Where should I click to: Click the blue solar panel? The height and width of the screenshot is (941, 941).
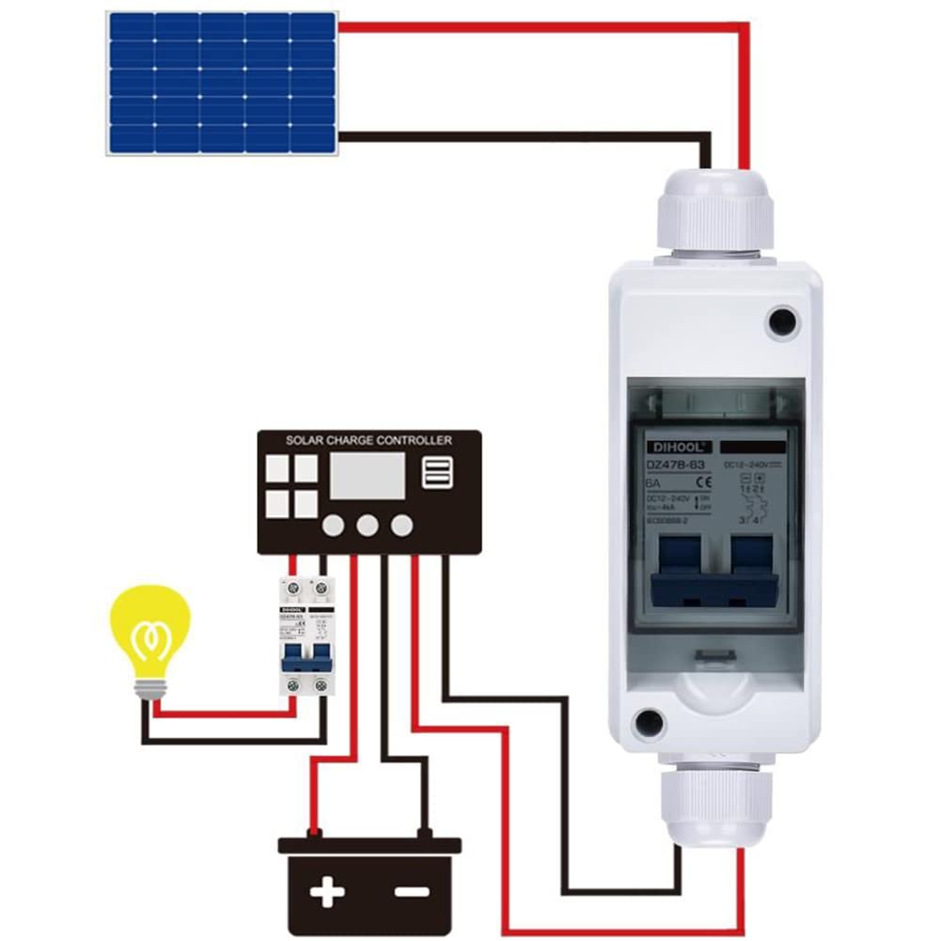pyautogui.click(x=222, y=83)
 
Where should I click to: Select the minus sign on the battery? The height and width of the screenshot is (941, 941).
pyautogui.click(x=411, y=891)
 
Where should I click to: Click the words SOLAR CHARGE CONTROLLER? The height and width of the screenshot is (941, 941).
pyautogui.click(x=369, y=440)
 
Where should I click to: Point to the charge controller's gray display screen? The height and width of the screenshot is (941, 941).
pyautogui.click(x=368, y=476)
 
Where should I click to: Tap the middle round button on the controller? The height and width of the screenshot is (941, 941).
pyautogui.click(x=368, y=525)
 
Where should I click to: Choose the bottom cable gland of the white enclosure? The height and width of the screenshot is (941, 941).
pyautogui.click(x=714, y=804)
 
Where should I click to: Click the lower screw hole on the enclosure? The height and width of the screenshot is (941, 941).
pyautogui.click(x=649, y=723)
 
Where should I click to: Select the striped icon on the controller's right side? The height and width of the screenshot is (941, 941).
pyautogui.click(x=437, y=472)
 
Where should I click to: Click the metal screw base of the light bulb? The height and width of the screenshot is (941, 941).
pyautogui.click(x=149, y=690)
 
